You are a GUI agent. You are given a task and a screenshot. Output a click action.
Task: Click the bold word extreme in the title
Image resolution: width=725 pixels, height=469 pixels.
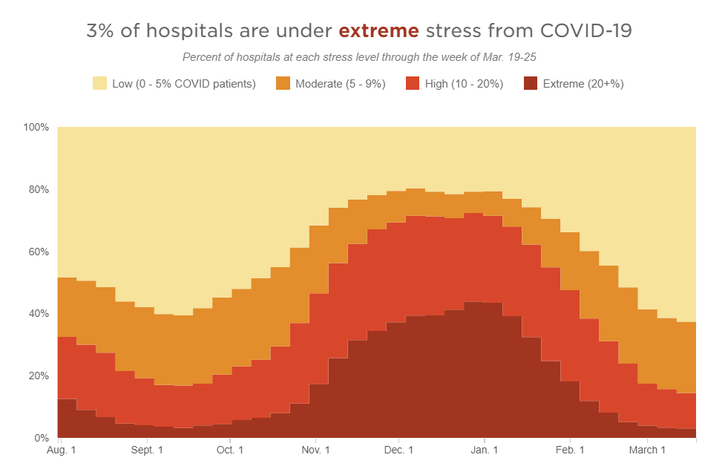(378, 31)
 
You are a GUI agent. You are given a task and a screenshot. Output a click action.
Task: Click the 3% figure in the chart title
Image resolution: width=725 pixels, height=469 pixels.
(101, 31)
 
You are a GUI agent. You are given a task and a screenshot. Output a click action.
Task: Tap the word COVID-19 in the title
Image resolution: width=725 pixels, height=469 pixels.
(587, 31)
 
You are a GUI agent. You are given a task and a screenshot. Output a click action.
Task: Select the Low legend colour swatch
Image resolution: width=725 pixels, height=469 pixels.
(99, 84)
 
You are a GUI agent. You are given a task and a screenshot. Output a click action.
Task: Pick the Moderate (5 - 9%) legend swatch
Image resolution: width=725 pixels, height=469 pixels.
(283, 84)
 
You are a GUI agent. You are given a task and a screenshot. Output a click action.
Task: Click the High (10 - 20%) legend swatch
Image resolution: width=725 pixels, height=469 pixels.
(412, 84)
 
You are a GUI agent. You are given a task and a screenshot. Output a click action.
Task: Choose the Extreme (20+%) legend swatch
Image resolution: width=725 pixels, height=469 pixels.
(530, 84)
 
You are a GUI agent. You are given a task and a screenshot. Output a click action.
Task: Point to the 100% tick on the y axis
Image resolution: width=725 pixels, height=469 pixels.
(36, 128)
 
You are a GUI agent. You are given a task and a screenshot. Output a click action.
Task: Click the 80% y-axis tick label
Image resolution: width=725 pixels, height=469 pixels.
(38, 189)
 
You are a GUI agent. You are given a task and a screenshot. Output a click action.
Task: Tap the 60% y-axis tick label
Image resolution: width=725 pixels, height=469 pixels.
(38, 252)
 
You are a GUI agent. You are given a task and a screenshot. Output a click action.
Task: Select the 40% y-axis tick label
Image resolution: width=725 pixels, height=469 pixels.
(38, 314)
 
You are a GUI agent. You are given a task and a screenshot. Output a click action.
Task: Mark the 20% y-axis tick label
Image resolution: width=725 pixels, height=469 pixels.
(38, 375)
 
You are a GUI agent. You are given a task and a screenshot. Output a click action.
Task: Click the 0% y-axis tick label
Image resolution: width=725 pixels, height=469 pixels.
(41, 438)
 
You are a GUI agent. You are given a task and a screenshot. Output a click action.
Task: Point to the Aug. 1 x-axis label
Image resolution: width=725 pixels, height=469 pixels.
(62, 450)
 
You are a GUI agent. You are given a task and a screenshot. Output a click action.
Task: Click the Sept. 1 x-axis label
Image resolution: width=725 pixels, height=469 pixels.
(147, 450)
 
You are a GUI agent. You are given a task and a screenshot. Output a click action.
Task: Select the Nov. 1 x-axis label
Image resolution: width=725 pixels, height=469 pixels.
(316, 450)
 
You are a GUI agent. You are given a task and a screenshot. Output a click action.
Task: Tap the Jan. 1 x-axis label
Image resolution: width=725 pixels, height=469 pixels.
(485, 450)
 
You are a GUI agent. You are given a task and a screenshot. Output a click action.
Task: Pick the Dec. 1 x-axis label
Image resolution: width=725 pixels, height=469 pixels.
(399, 450)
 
